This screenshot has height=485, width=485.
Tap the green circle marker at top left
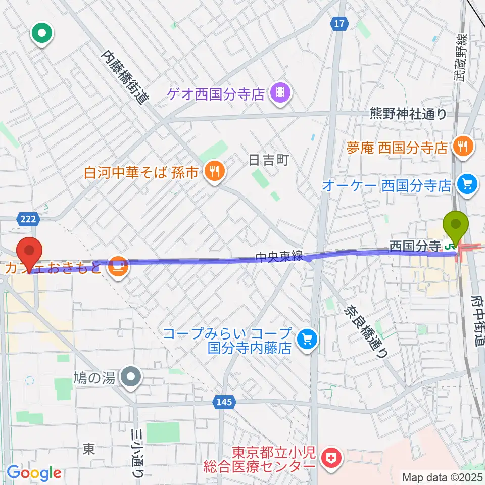tap(42, 34)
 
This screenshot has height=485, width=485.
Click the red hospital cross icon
tap(334, 459)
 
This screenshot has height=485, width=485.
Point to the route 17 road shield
tap(339, 23)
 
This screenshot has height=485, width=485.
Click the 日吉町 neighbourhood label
tap(269, 161)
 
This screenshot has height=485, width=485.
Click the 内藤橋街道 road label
tap(126, 76)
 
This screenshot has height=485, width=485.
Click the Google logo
tap(33, 473)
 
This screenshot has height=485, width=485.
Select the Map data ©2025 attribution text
tap(442, 477)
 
